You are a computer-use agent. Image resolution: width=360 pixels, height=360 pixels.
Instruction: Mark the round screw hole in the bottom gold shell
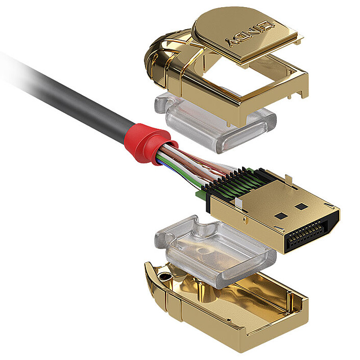coord(165,276)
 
